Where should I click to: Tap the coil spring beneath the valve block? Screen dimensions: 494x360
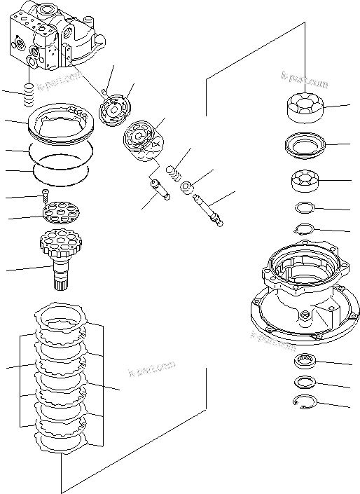click(x=29, y=95)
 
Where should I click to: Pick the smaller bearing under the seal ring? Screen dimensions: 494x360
click(x=306, y=181)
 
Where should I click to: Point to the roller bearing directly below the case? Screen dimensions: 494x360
click(x=306, y=362)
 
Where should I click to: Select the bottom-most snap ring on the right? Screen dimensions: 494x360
click(x=305, y=402)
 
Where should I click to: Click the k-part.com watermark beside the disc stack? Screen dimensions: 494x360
click(x=151, y=369)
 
